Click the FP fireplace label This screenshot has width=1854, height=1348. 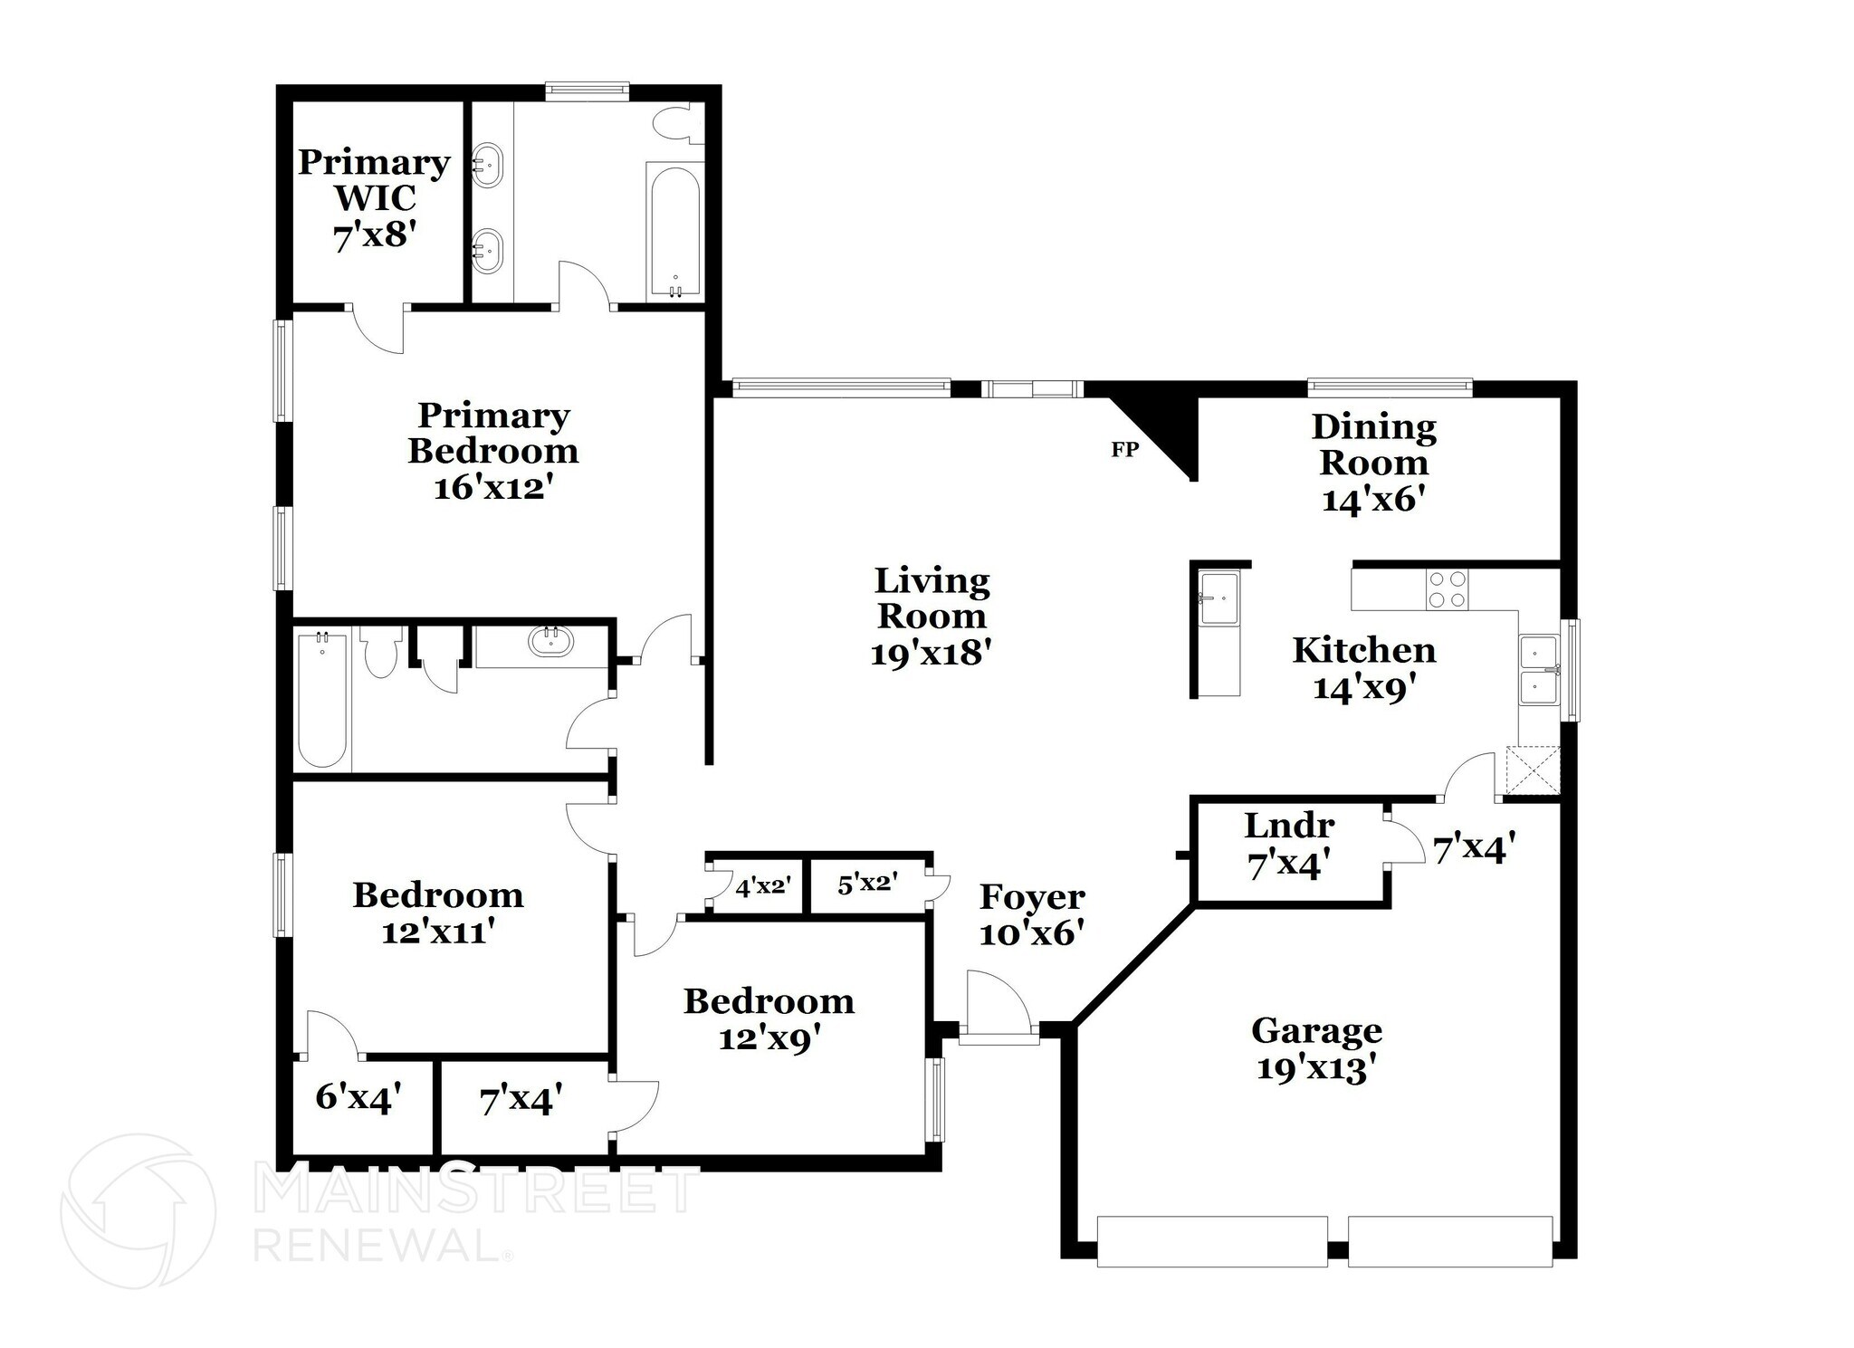click(1123, 449)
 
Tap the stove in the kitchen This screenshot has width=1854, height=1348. click(1447, 589)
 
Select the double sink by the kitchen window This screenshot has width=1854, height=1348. click(1538, 670)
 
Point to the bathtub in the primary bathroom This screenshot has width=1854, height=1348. click(674, 231)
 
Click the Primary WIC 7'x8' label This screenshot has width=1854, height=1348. click(374, 198)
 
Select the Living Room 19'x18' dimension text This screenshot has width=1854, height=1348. click(932, 653)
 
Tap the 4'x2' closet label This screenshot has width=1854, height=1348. click(763, 886)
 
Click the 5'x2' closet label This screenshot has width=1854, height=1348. click(866, 884)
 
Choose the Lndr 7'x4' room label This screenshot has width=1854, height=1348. click(1288, 845)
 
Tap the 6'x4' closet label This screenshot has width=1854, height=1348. click(358, 1097)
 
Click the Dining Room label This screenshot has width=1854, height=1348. click(1373, 445)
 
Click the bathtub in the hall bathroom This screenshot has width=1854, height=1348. click(321, 701)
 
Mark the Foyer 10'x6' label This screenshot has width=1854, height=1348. click(1031, 913)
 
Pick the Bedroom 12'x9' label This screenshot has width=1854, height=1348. click(769, 1019)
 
